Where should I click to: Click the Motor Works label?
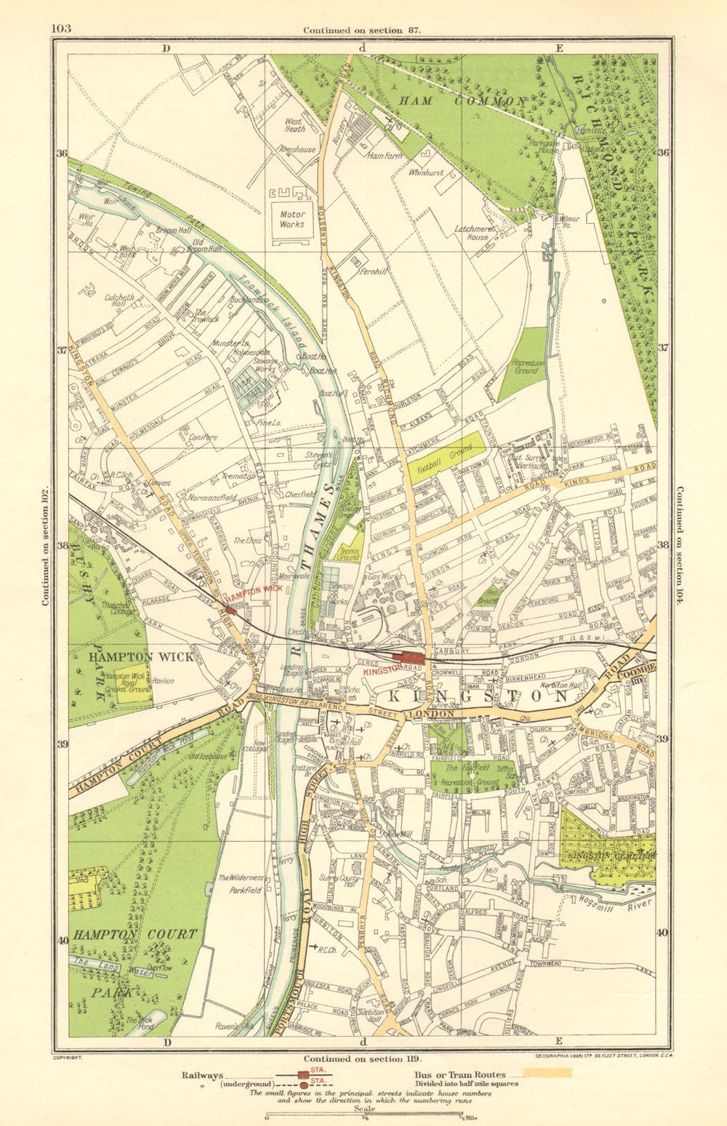click(292, 220)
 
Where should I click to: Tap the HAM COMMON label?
click(461, 101)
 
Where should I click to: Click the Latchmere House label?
click(473, 233)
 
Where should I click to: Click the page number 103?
click(61, 29)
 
